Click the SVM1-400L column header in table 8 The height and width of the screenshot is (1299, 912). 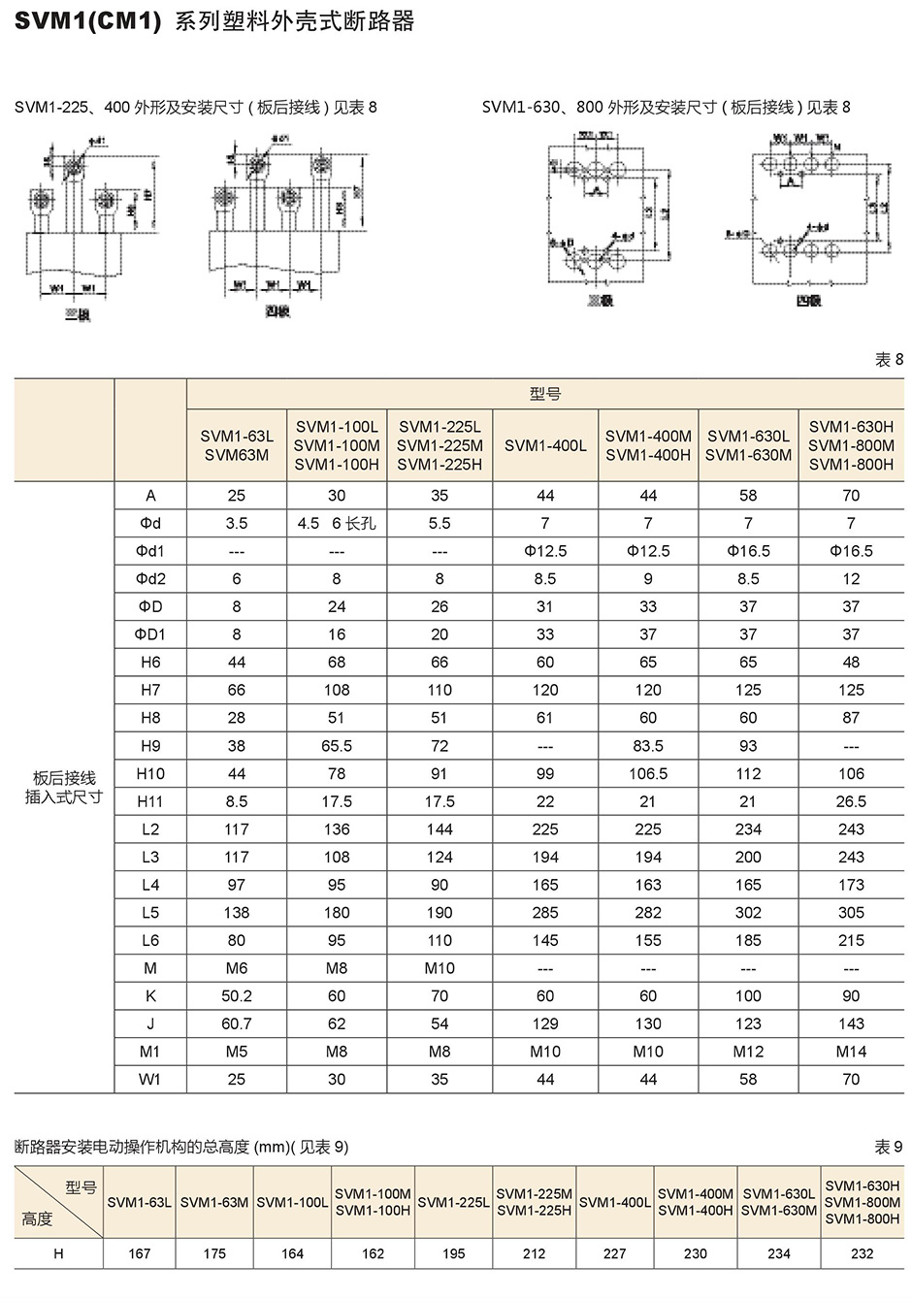tap(545, 445)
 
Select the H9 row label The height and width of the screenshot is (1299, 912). tap(149, 746)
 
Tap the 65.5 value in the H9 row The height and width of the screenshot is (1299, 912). tap(336, 746)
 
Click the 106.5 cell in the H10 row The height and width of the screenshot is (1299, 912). tap(648, 774)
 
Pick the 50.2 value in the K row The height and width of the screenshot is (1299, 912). tap(237, 996)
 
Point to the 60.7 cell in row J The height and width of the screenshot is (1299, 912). tap(237, 1023)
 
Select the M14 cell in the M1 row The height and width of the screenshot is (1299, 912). tap(851, 1052)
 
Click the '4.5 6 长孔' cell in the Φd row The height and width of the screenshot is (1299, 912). tap(336, 523)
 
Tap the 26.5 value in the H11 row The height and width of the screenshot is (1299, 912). tap(851, 801)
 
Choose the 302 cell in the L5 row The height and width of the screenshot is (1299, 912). tap(748, 913)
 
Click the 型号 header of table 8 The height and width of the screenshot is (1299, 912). tap(545, 394)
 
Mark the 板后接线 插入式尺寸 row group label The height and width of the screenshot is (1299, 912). tap(64, 787)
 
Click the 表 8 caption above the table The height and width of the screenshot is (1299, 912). tap(889, 360)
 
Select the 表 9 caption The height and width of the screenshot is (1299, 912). tap(888, 1147)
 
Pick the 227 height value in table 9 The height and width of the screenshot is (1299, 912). tap(614, 1253)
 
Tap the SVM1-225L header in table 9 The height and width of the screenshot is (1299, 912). tap(453, 1202)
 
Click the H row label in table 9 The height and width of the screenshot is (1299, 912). tap(58, 1253)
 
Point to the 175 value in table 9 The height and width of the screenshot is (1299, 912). tap(214, 1253)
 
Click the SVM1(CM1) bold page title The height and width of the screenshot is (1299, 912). tap(87, 21)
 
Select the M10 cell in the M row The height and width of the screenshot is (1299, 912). tap(440, 968)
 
